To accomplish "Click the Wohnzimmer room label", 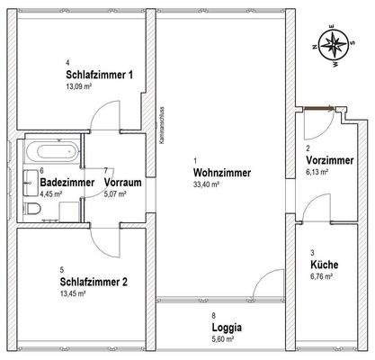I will (x=221, y=173).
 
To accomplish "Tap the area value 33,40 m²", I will (x=208, y=184).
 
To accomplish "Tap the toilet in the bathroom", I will (x=33, y=209).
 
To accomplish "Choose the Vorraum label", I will (x=124, y=181).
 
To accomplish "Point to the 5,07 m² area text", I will (x=118, y=192).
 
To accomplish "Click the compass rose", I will (x=334, y=47).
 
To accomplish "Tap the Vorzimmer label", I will (x=329, y=160).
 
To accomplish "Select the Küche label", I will (x=324, y=266).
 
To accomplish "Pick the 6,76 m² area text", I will (x=321, y=277).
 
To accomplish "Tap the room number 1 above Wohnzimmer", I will (x=195, y=161).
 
